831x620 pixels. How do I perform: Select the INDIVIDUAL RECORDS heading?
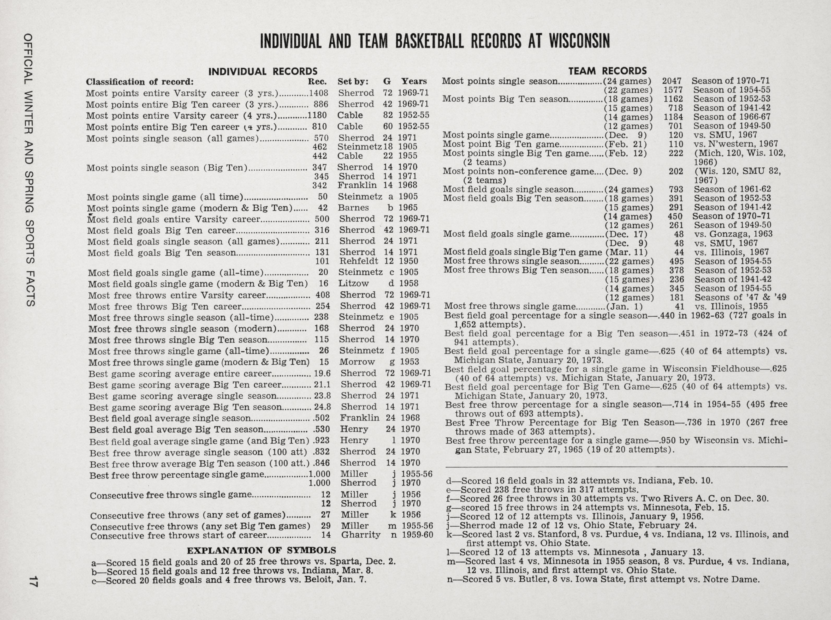tap(263, 71)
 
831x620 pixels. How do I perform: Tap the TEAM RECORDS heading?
tap(607, 71)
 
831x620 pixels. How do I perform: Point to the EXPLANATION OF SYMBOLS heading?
tap(261, 551)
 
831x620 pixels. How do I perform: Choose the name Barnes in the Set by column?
tap(353, 208)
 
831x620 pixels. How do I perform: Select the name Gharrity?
tap(360, 534)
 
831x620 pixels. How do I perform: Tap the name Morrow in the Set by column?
tap(357, 362)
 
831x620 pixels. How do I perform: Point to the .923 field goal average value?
tap(321, 441)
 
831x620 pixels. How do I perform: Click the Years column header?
tap(414, 81)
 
